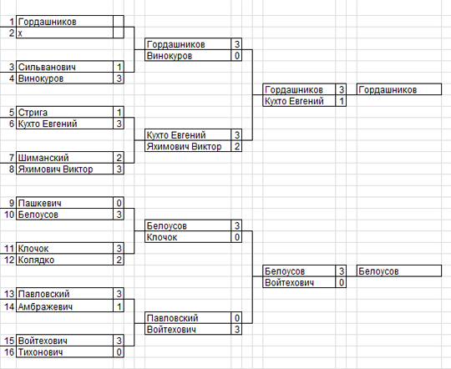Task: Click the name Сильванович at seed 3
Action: pos(47,67)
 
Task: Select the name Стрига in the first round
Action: pos(33,113)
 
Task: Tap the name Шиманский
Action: pos(43,158)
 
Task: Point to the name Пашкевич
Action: pos(40,203)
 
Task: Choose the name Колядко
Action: pos(36,260)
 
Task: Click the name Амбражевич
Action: pos(45,307)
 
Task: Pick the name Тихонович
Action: pos(40,352)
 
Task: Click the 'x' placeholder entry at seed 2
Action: pos(20,33)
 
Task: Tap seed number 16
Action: pos(9,352)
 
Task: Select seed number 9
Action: pos(12,203)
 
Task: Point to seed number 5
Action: pos(12,113)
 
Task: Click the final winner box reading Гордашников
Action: pos(399,89)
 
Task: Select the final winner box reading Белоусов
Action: pos(399,271)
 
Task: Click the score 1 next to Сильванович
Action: pos(119,67)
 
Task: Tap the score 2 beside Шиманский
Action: pos(119,158)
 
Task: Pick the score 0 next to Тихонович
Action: pos(119,352)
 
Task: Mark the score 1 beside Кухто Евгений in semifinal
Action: pos(342,101)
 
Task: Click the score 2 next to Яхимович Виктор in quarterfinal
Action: pos(236,146)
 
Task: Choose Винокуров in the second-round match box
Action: pos(170,56)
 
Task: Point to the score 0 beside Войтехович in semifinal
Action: pos(342,282)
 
